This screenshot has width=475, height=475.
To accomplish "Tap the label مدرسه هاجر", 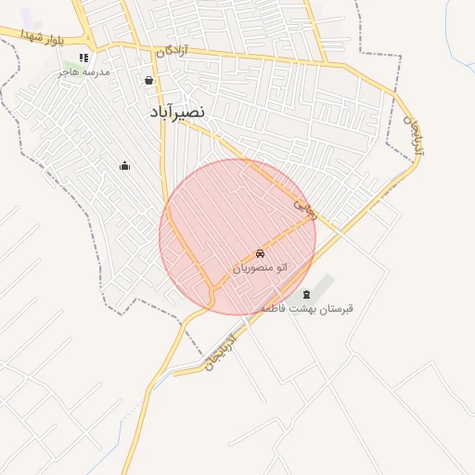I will point(83,71).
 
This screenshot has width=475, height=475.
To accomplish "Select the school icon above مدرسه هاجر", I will point(83,58).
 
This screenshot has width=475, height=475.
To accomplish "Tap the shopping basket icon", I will point(149,81).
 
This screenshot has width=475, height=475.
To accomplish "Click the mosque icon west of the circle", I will point(125,166).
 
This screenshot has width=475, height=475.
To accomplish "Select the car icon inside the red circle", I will point(260,253).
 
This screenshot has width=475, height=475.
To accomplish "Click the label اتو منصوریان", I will point(260,267).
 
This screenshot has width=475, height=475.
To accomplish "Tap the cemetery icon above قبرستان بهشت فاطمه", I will point(307,294).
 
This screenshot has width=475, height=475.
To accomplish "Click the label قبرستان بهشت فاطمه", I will point(307,307).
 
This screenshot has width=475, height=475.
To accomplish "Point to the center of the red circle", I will point(237,237).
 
